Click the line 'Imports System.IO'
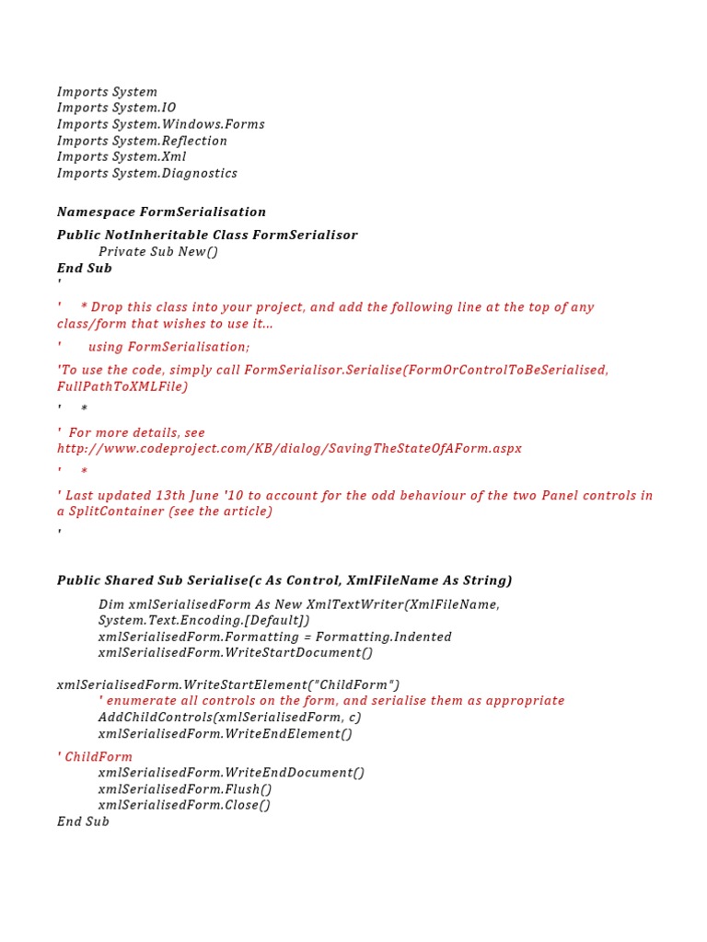116,108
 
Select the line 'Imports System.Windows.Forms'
160,124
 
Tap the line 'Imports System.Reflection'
142,141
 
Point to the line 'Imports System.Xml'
122,156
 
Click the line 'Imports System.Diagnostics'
147,173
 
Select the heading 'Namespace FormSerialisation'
161,212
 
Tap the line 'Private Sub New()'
158,251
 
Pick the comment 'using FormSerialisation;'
168,347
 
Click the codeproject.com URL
289,449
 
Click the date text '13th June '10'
193,495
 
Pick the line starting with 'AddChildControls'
229,717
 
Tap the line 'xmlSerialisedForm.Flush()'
185,789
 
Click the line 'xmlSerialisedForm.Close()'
185,805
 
